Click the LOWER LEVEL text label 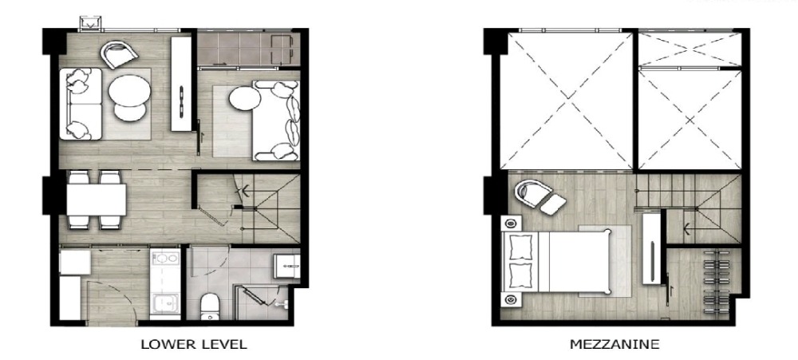click(x=194, y=344)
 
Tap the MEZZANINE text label click(x=614, y=344)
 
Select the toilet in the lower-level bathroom click(x=209, y=307)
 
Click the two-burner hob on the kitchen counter click(x=165, y=258)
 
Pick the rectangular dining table click(x=97, y=200)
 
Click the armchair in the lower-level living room click(x=119, y=54)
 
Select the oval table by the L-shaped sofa click(x=244, y=98)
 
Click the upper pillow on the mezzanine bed click(x=520, y=248)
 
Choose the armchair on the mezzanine click(x=532, y=193)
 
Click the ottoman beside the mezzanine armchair click(x=553, y=204)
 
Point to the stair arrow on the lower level click(x=245, y=191)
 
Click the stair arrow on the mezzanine click(x=687, y=228)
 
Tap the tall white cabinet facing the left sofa click(x=180, y=84)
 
